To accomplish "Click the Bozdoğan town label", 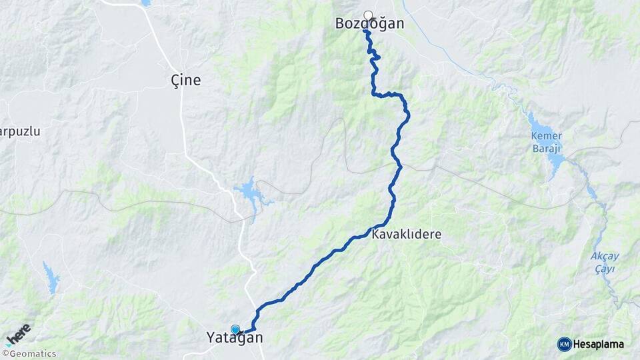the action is coord(369,24).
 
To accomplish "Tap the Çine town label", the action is coord(185,81).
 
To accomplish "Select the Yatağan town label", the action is coord(235,338).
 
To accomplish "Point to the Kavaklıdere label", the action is coord(406,235).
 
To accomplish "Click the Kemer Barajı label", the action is coord(546,142).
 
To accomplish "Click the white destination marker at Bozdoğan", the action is coord(368,15).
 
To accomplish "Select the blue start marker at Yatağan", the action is coord(235,329).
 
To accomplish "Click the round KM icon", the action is coord(564,344).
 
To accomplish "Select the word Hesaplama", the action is coord(600,345).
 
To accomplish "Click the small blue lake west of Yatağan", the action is coord(51,277).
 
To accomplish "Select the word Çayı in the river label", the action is coord(606,269).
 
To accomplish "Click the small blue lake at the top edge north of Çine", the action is coord(145,3).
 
